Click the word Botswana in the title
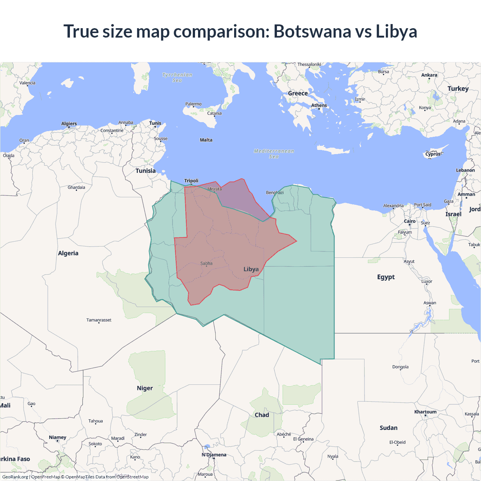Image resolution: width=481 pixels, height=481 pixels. [x=312, y=31]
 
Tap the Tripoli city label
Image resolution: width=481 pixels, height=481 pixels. [x=191, y=181]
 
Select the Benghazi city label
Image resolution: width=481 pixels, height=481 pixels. [x=275, y=193]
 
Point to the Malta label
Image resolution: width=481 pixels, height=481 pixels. [x=206, y=140]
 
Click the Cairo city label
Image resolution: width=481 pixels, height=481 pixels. [x=410, y=221]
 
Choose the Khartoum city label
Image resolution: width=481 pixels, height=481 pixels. [x=425, y=412]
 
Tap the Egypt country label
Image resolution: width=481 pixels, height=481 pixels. [x=386, y=277]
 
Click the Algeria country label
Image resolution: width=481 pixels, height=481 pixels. [x=68, y=253]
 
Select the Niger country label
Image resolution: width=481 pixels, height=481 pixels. [x=145, y=388]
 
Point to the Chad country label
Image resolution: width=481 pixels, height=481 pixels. [x=262, y=415]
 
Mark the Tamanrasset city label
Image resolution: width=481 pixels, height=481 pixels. [x=99, y=320]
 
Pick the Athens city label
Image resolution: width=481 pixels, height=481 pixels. [x=319, y=106]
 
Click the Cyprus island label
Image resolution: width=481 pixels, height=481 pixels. [x=433, y=154]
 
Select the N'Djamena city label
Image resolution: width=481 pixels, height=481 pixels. [x=214, y=455]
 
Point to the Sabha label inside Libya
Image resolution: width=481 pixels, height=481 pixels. [x=206, y=263]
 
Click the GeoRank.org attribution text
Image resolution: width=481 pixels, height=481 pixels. [x=15, y=477]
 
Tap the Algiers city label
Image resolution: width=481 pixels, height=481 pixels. [x=69, y=124]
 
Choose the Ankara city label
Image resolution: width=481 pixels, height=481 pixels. [x=429, y=75]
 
